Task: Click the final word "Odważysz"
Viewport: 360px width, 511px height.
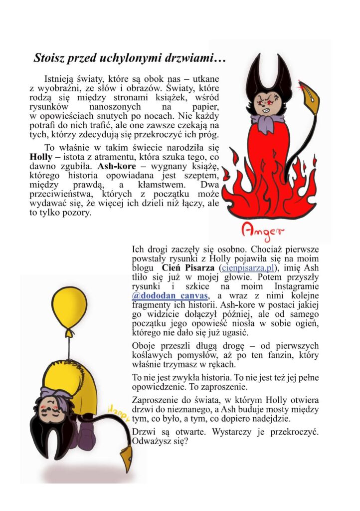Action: click(x=153, y=441)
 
